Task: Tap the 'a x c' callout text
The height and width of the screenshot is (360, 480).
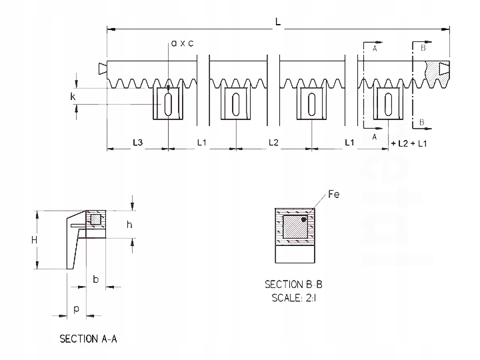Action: pyautogui.click(x=182, y=43)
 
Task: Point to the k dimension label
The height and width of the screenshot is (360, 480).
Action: pyautogui.click(x=73, y=97)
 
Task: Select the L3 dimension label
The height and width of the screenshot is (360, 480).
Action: pyautogui.click(x=137, y=143)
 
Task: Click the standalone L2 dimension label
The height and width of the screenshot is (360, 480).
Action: pyautogui.click(x=274, y=143)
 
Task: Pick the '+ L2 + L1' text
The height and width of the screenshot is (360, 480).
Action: pyautogui.click(x=409, y=143)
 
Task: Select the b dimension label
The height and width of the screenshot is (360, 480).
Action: pyautogui.click(x=95, y=279)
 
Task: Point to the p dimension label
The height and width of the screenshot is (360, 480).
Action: pyautogui.click(x=77, y=309)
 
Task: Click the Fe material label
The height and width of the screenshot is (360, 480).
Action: pyautogui.click(x=334, y=195)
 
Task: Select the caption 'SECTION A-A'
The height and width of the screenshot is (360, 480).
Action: pyautogui.click(x=89, y=339)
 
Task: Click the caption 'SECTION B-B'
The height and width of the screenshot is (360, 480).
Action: pyautogui.click(x=293, y=285)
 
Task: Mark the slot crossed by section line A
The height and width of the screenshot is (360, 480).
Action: pyautogui.click(x=387, y=104)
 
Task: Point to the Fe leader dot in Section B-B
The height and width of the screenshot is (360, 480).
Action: pyautogui.click(x=303, y=218)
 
